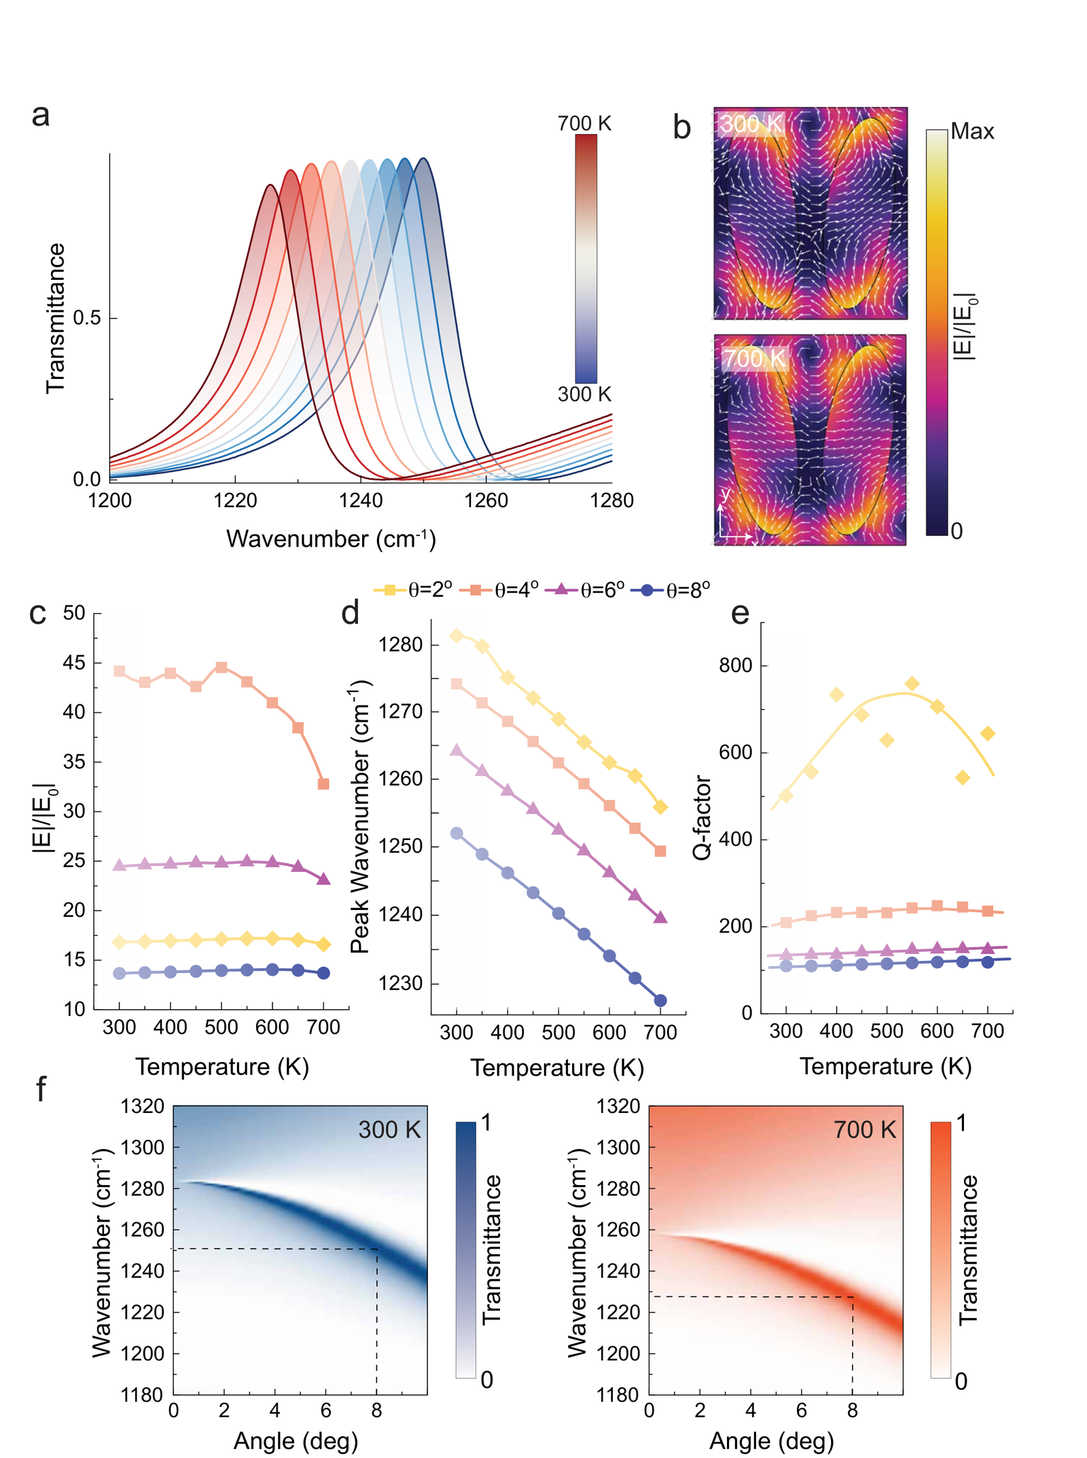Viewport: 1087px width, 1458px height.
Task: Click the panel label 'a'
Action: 40,115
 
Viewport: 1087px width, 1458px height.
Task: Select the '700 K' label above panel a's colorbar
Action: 584,123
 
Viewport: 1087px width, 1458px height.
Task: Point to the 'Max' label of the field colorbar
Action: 972,131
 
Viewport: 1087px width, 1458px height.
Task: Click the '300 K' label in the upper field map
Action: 751,124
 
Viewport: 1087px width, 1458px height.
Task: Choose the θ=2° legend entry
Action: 412,589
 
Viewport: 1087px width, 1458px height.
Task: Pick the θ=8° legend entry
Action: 670,589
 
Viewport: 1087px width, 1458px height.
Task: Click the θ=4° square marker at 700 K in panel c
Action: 323,784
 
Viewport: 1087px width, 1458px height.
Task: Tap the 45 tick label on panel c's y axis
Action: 74,663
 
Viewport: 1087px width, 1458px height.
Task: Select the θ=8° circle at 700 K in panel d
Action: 660,1000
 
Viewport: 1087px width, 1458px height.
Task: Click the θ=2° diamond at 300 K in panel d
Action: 457,636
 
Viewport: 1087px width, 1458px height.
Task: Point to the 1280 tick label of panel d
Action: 401,644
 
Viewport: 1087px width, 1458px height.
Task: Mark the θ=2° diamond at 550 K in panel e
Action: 912,684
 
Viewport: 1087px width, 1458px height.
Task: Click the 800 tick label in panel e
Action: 736,666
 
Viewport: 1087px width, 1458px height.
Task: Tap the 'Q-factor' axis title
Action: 702,818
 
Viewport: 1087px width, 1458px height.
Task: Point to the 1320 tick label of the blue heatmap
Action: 143,1106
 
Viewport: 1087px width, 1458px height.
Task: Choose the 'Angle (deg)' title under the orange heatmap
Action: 772,1440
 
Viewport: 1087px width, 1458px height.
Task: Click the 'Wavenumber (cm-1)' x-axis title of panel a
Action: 331,539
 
